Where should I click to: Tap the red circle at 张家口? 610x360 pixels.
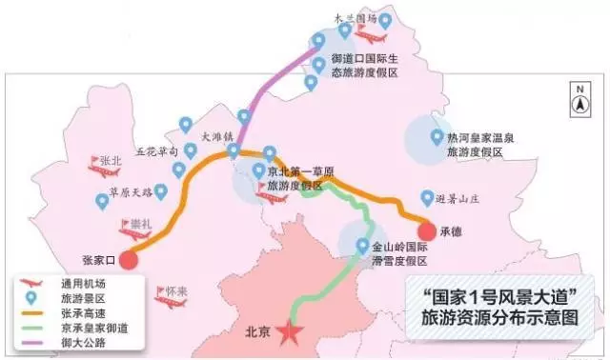click(130, 258)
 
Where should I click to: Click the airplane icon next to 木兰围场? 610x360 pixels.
click(367, 34)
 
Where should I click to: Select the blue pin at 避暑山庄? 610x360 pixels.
click(426, 198)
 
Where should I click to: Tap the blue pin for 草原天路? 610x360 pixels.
click(102, 201)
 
